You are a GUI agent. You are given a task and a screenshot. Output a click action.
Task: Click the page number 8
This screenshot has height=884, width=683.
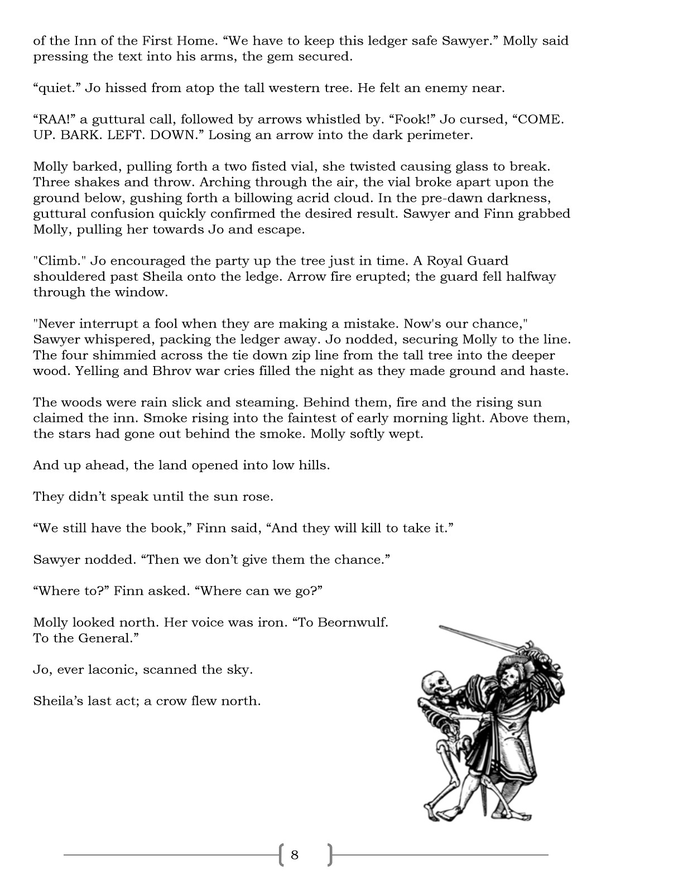coord(295,854)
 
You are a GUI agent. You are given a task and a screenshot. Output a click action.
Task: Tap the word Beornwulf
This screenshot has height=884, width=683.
coord(352,622)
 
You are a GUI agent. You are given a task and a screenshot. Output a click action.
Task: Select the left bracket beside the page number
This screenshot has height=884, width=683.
coord(281,854)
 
